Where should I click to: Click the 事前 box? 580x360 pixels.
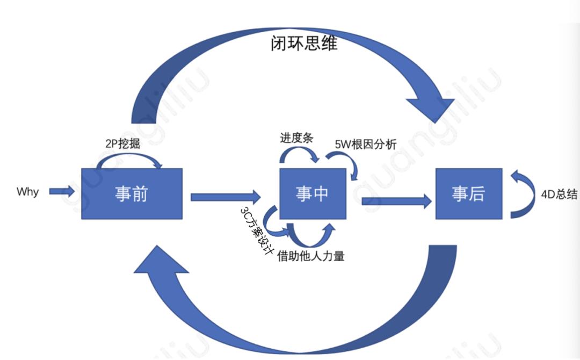pyautogui.click(x=132, y=193)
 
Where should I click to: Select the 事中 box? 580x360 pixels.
pyautogui.click(x=312, y=193)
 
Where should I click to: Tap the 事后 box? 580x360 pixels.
pyautogui.click(x=468, y=193)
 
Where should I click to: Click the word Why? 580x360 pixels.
pyautogui.click(x=27, y=192)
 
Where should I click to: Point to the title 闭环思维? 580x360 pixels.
pyautogui.click(x=304, y=44)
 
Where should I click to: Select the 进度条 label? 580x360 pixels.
pyautogui.click(x=296, y=138)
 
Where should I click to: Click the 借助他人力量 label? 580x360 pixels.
pyautogui.click(x=310, y=256)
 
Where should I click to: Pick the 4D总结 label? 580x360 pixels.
pyautogui.click(x=559, y=195)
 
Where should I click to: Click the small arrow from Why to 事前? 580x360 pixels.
pyautogui.click(x=62, y=191)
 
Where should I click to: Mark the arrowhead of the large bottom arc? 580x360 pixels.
pyautogui.click(x=161, y=263)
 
